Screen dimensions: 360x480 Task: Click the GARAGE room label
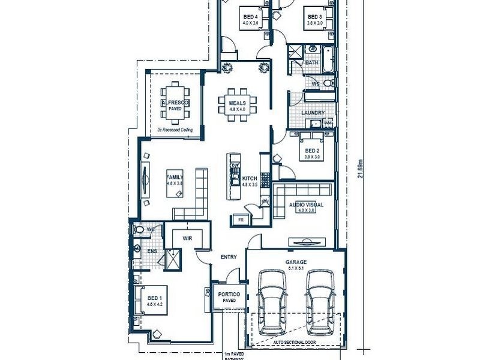pyautogui.click(x=296, y=262)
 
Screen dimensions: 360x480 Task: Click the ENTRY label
pyautogui.click(x=229, y=257)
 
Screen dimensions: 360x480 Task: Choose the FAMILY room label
pyautogui.click(x=175, y=177)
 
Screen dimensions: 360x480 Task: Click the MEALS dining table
pyautogui.click(x=238, y=106)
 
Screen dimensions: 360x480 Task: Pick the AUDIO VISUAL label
pyautogui.click(x=306, y=205)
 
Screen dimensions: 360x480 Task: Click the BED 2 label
pyautogui.click(x=311, y=150)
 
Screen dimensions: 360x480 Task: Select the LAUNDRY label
pyautogui.click(x=313, y=113)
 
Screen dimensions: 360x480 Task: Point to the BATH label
pyautogui.click(x=311, y=62)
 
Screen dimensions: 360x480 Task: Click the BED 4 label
pyautogui.click(x=250, y=16)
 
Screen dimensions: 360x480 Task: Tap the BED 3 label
pyautogui.click(x=315, y=16)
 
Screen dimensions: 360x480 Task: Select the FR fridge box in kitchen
pyautogui.click(x=241, y=220)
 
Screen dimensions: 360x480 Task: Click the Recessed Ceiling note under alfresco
pyautogui.click(x=175, y=129)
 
